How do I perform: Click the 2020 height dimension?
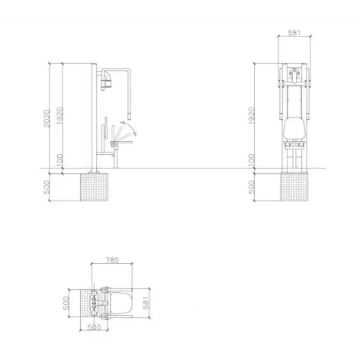[47, 118]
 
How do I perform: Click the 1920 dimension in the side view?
[59, 116]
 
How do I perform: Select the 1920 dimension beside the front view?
[251, 116]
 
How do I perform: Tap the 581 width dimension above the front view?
[294, 33]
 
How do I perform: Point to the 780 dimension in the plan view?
[112, 260]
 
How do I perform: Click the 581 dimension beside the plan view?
[146, 303]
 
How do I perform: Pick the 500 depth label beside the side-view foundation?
[47, 187]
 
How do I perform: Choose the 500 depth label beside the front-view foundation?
[251, 187]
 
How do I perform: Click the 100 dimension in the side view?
[59, 160]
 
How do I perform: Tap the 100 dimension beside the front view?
[251, 160]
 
